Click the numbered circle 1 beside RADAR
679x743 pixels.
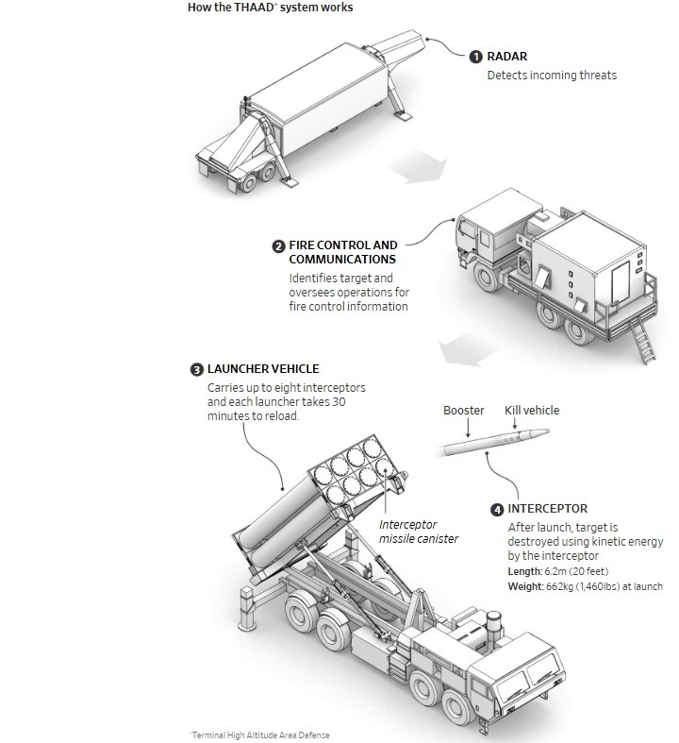coord(476,58)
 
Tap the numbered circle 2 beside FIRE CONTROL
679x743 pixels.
coord(278,246)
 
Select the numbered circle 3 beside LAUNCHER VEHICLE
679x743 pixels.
coord(196,369)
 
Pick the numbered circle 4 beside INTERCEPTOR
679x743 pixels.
coord(497,510)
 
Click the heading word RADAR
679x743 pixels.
coord(508,58)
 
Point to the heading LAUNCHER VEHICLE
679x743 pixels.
coord(263,369)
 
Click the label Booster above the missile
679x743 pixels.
coord(464,411)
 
